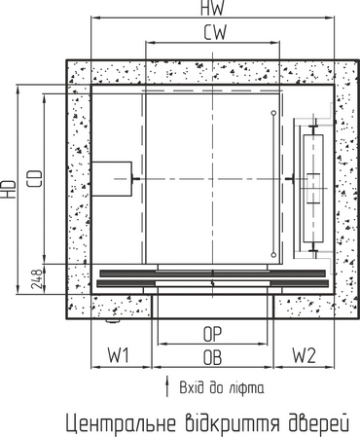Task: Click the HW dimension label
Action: [212, 8]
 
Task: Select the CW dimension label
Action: [215, 32]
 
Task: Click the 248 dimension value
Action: [37, 278]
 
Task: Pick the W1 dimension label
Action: [119, 355]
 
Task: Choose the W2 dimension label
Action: [304, 355]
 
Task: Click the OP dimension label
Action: [212, 334]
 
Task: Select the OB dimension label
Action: [212, 357]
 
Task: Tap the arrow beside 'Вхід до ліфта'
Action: [167, 386]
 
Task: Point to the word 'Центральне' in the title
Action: [121, 422]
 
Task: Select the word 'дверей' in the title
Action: [318, 421]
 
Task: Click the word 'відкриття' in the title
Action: [233, 421]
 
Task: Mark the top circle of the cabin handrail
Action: [273, 113]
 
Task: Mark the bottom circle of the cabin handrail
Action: [273, 255]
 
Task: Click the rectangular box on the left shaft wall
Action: [112, 179]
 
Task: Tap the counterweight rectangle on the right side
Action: [313, 189]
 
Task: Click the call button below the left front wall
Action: [113, 321]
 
